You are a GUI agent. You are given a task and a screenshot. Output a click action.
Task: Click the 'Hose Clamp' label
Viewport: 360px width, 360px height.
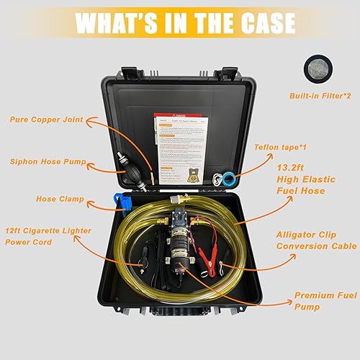pos(56,198)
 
